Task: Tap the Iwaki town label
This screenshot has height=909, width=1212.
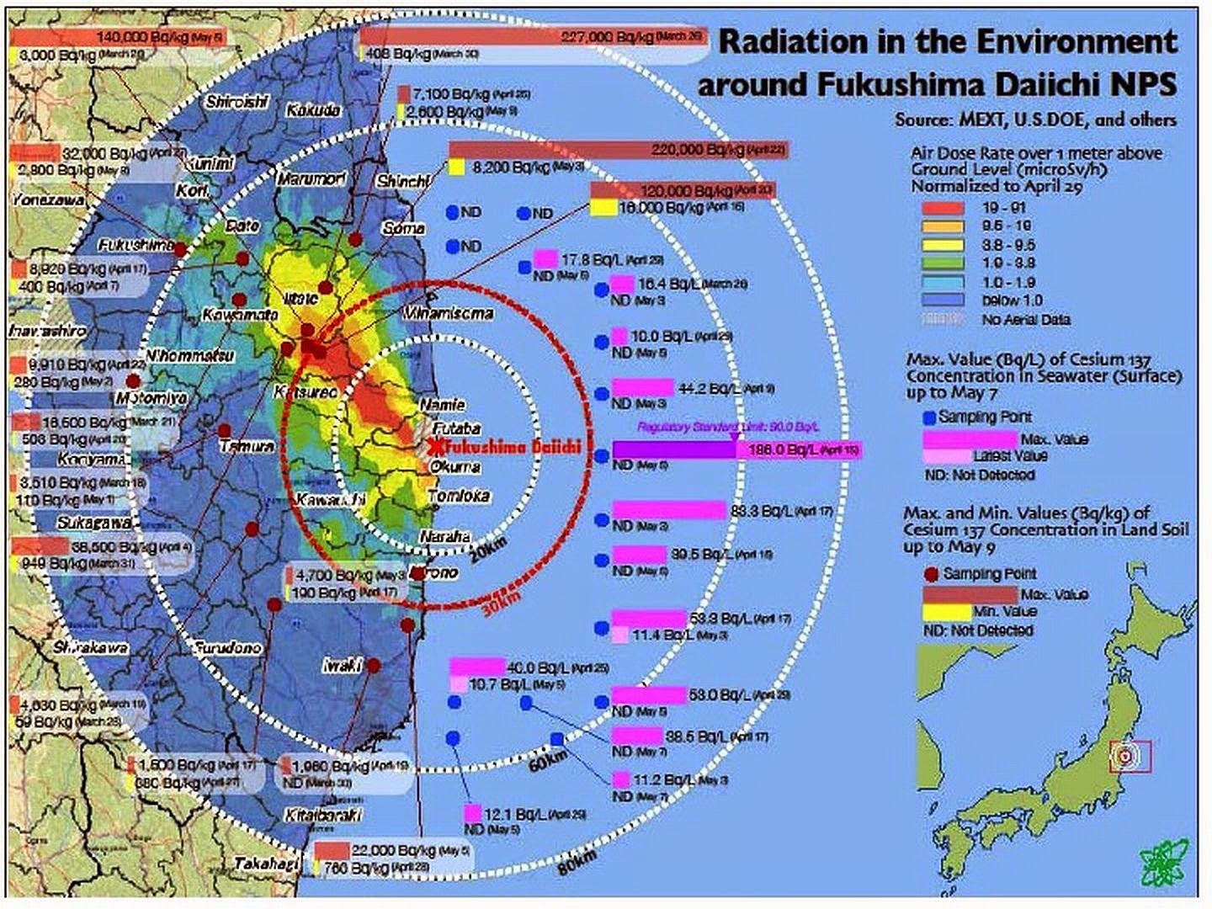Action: (x=342, y=665)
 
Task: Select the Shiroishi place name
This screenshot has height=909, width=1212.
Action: (x=237, y=102)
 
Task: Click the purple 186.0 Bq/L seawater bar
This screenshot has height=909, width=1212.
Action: (x=673, y=450)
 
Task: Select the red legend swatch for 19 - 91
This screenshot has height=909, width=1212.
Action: (x=942, y=207)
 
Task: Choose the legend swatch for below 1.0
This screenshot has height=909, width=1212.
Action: (x=942, y=300)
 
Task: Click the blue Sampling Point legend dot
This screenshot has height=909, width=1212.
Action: (x=929, y=417)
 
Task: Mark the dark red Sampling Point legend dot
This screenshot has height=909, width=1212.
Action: (x=931, y=575)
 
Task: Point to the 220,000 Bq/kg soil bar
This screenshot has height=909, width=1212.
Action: (x=619, y=150)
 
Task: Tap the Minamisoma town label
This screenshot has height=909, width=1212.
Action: (x=449, y=313)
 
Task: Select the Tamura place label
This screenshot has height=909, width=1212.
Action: (x=247, y=447)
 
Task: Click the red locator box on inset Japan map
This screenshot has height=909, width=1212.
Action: (x=1130, y=756)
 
